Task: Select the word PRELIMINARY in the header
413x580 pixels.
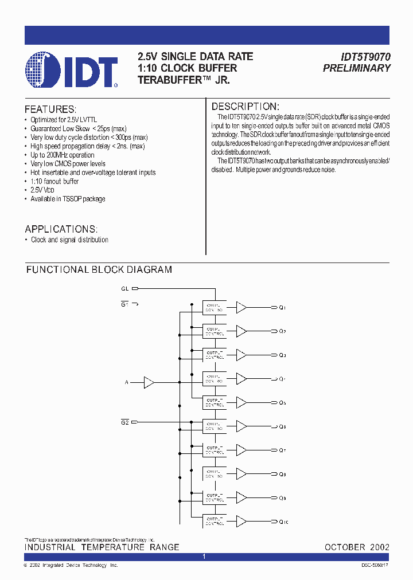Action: tap(356, 68)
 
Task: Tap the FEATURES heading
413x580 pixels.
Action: tap(50, 109)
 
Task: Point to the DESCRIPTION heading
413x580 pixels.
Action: tap(246, 107)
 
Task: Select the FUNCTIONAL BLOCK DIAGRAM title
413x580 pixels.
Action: tap(99, 269)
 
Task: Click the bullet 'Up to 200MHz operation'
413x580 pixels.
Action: tap(63, 155)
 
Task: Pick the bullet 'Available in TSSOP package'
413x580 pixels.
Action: tap(68, 199)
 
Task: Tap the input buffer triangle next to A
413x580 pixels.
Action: tap(149, 382)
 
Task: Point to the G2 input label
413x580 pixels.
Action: tap(125, 422)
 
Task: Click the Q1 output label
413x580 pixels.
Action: tap(282, 308)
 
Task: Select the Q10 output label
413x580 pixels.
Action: tap(283, 522)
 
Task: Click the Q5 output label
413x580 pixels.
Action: tap(282, 403)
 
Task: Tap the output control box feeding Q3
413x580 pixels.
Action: tap(214, 355)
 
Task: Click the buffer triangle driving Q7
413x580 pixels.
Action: tap(241, 450)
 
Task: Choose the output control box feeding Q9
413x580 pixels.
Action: tap(214, 497)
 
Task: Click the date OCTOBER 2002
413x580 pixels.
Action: tap(357, 547)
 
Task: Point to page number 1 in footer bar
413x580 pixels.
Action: tap(205, 557)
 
